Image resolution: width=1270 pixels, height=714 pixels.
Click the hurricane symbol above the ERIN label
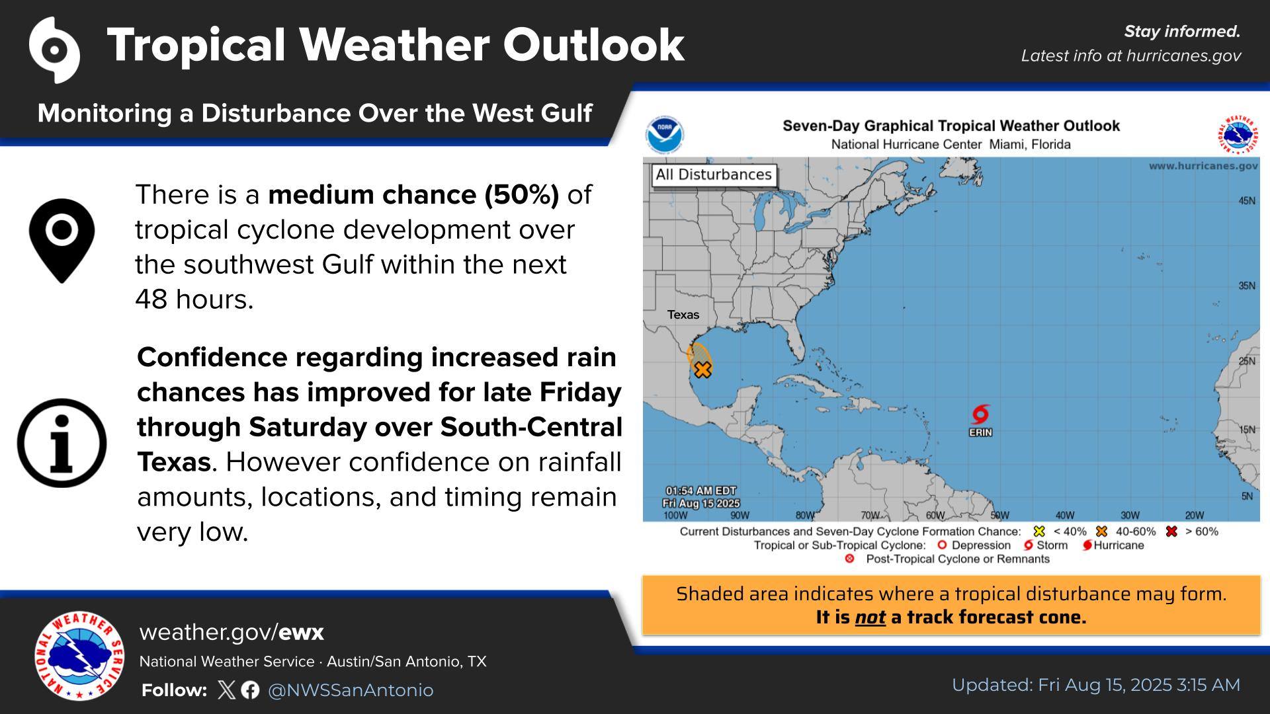click(x=980, y=415)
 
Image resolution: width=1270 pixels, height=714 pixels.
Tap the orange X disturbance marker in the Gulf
click(x=702, y=370)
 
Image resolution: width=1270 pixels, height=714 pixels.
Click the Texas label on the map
click(x=683, y=315)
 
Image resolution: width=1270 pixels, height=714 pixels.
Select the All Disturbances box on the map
click(x=714, y=175)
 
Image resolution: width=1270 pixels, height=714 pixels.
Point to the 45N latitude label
click(x=1247, y=201)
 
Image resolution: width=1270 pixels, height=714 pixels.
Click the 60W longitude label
click(x=935, y=516)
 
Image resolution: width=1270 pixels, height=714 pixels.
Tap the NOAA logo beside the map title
click(x=665, y=135)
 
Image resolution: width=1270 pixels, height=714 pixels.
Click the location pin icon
click(x=62, y=241)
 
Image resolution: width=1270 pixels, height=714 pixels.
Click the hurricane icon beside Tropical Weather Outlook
click(x=54, y=50)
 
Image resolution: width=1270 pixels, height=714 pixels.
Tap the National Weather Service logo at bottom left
click(x=79, y=656)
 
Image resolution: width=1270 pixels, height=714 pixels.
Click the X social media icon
click(x=226, y=690)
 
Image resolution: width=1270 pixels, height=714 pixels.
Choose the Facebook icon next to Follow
click(x=250, y=690)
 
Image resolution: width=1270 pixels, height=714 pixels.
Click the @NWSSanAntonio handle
click(x=351, y=690)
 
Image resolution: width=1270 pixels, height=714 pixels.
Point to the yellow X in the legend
click(x=1039, y=532)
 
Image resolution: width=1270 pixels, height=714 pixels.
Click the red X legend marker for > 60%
click(x=1171, y=532)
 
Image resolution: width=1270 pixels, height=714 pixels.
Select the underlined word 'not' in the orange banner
click(x=870, y=617)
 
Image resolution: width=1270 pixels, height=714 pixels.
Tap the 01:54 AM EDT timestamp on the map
click(x=701, y=491)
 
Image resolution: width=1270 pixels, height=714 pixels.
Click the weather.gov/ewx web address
click(x=232, y=633)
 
